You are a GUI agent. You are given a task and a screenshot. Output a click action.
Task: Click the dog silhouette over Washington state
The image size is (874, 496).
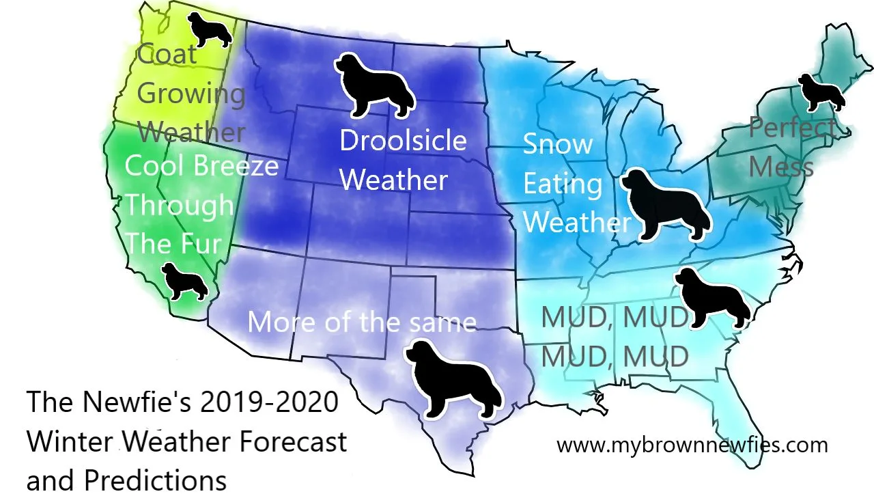click(x=209, y=31)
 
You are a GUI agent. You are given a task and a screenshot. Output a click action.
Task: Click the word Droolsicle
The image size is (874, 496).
click(x=403, y=141)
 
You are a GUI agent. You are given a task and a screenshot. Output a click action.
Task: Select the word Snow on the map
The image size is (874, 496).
click(x=558, y=144)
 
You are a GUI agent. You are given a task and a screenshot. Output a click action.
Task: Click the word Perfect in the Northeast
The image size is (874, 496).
click(x=792, y=127)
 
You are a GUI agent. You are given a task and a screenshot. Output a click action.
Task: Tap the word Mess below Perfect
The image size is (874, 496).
click(x=781, y=166)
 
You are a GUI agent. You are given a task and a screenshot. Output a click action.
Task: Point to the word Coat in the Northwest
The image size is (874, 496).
click(x=167, y=54)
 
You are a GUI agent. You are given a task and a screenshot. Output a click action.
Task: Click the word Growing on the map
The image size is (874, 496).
click(x=191, y=94)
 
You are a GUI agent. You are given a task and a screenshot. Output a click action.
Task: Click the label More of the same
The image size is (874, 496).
click(x=361, y=321)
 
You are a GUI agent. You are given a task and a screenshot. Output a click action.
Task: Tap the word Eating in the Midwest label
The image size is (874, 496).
click(x=563, y=183)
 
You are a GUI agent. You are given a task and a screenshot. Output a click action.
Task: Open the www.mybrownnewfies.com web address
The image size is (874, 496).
click(x=692, y=445)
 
